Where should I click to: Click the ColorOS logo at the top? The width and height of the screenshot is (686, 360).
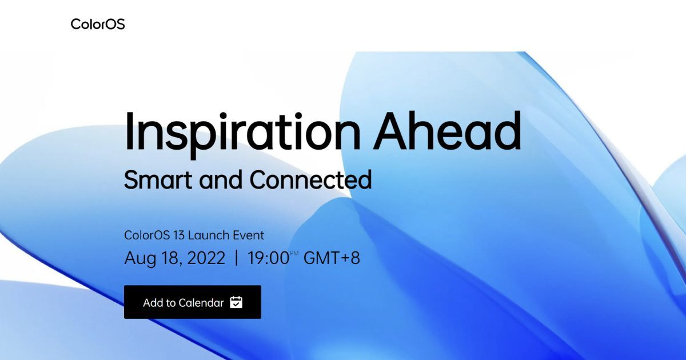(98, 24)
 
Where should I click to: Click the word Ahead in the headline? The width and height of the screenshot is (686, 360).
(448, 131)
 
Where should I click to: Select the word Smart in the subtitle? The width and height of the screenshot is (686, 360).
(158, 179)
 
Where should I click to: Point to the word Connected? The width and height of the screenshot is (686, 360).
(311, 179)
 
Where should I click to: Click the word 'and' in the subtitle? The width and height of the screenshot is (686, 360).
(221, 179)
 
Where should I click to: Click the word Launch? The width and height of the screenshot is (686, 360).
(208, 235)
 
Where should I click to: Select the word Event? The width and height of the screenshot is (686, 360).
(248, 235)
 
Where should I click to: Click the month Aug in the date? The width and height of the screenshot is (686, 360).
(140, 258)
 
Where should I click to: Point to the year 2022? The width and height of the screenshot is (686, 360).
(206, 258)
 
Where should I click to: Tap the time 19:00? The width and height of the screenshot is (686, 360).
(268, 258)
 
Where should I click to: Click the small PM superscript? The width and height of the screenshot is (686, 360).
(294, 253)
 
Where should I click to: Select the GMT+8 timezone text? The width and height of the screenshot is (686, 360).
(332, 258)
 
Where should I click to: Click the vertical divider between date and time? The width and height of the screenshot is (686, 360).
(236, 258)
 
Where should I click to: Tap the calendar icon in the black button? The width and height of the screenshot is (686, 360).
(236, 302)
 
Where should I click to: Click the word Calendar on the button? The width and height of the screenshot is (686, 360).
(201, 303)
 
